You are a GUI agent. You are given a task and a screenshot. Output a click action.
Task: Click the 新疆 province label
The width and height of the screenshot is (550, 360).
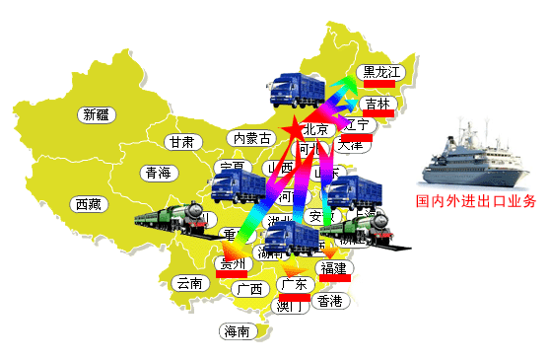point(96,114)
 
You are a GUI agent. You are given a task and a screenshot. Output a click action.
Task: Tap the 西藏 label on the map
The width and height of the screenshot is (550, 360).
point(87,204)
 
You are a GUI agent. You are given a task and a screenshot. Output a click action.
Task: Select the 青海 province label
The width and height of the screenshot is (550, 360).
point(158,173)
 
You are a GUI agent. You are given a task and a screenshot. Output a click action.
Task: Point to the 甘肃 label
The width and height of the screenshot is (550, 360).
point(181,142)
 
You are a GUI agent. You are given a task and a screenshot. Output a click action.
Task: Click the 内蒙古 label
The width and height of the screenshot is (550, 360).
point(249,138)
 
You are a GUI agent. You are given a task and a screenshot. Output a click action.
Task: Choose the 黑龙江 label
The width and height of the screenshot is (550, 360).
point(382,72)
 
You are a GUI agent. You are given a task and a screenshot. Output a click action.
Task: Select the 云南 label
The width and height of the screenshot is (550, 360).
point(187,283)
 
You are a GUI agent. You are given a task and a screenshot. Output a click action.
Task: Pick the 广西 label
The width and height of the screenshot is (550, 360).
point(250,289)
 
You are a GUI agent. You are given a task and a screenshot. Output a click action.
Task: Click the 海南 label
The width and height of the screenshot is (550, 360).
point(239,331)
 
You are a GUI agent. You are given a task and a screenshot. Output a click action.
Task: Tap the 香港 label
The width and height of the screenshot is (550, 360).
point(329,301)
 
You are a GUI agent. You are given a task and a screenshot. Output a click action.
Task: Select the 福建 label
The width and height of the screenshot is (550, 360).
point(332,268)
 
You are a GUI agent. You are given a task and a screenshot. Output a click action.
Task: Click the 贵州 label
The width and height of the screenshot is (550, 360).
point(233,263)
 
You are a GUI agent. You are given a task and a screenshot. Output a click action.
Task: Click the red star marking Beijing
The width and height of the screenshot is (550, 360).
point(295,130)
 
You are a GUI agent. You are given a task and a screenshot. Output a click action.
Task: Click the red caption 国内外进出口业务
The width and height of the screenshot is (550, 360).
point(475,202)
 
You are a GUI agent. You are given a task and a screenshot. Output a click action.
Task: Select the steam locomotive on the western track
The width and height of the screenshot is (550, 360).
point(172,218)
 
